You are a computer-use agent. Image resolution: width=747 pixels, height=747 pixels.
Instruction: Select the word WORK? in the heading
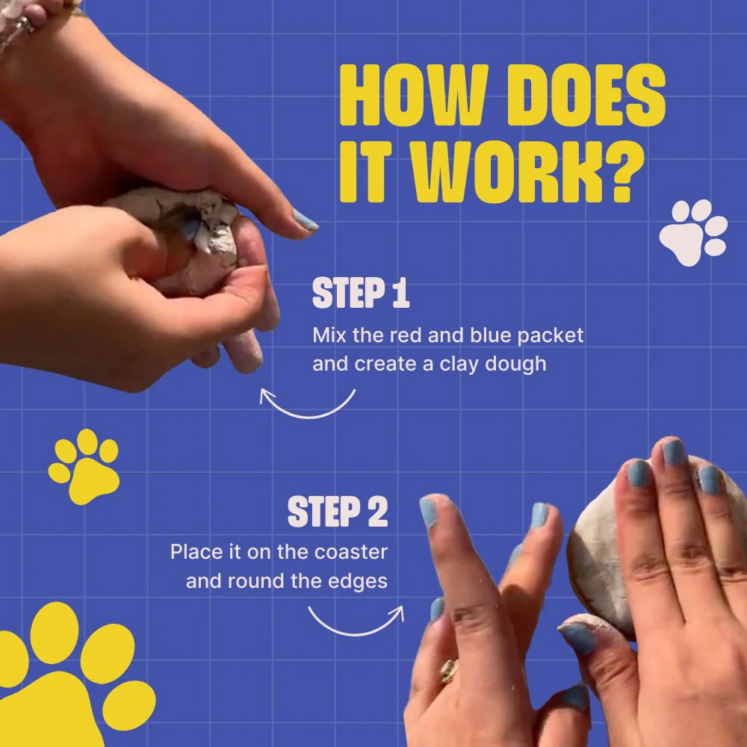click(x=528, y=172)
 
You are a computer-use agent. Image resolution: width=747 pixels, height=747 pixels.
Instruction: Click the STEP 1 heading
click(x=361, y=293)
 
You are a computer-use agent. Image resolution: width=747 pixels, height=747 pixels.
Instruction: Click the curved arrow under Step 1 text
click(x=307, y=417)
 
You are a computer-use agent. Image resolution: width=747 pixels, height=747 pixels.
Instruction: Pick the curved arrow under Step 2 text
click(x=355, y=633)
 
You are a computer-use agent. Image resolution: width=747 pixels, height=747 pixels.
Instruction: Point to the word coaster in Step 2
click(x=351, y=552)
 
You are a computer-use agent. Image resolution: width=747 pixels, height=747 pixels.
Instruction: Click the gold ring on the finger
click(x=448, y=671)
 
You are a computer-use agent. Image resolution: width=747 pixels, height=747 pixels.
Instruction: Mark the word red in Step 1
click(x=406, y=335)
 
